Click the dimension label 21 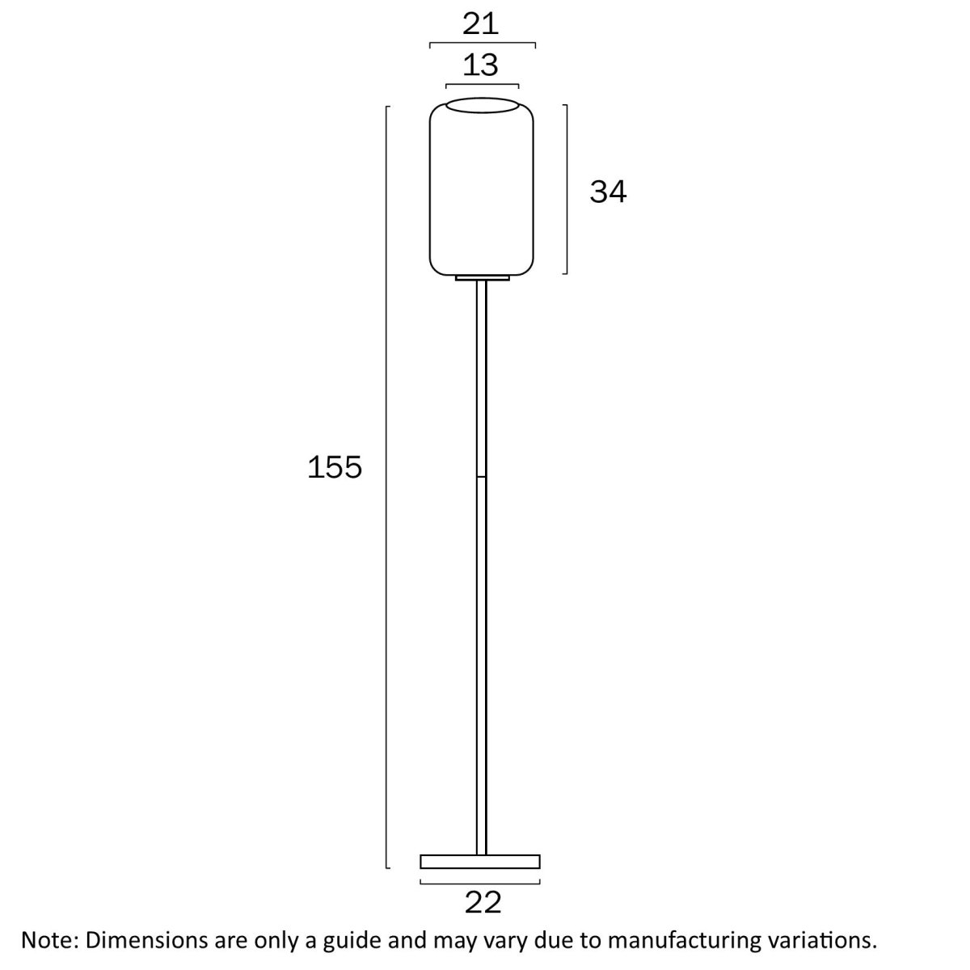pyautogui.click(x=481, y=23)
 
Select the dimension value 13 pyautogui.click(x=481, y=65)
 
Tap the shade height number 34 pyautogui.click(x=608, y=192)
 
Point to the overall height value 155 pyautogui.click(x=335, y=466)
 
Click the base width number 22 pyautogui.click(x=483, y=902)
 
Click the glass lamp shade pyautogui.click(x=482, y=194)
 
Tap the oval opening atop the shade pyautogui.click(x=482, y=105)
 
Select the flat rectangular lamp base pyautogui.click(x=480, y=862)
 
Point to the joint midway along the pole pyautogui.click(x=482, y=477)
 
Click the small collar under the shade pyautogui.click(x=482, y=279)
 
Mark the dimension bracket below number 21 pyautogui.click(x=482, y=43)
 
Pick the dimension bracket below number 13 pyautogui.click(x=482, y=84)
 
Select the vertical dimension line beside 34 pyautogui.click(x=566, y=188)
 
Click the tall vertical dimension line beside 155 pyautogui.click(x=387, y=485)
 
